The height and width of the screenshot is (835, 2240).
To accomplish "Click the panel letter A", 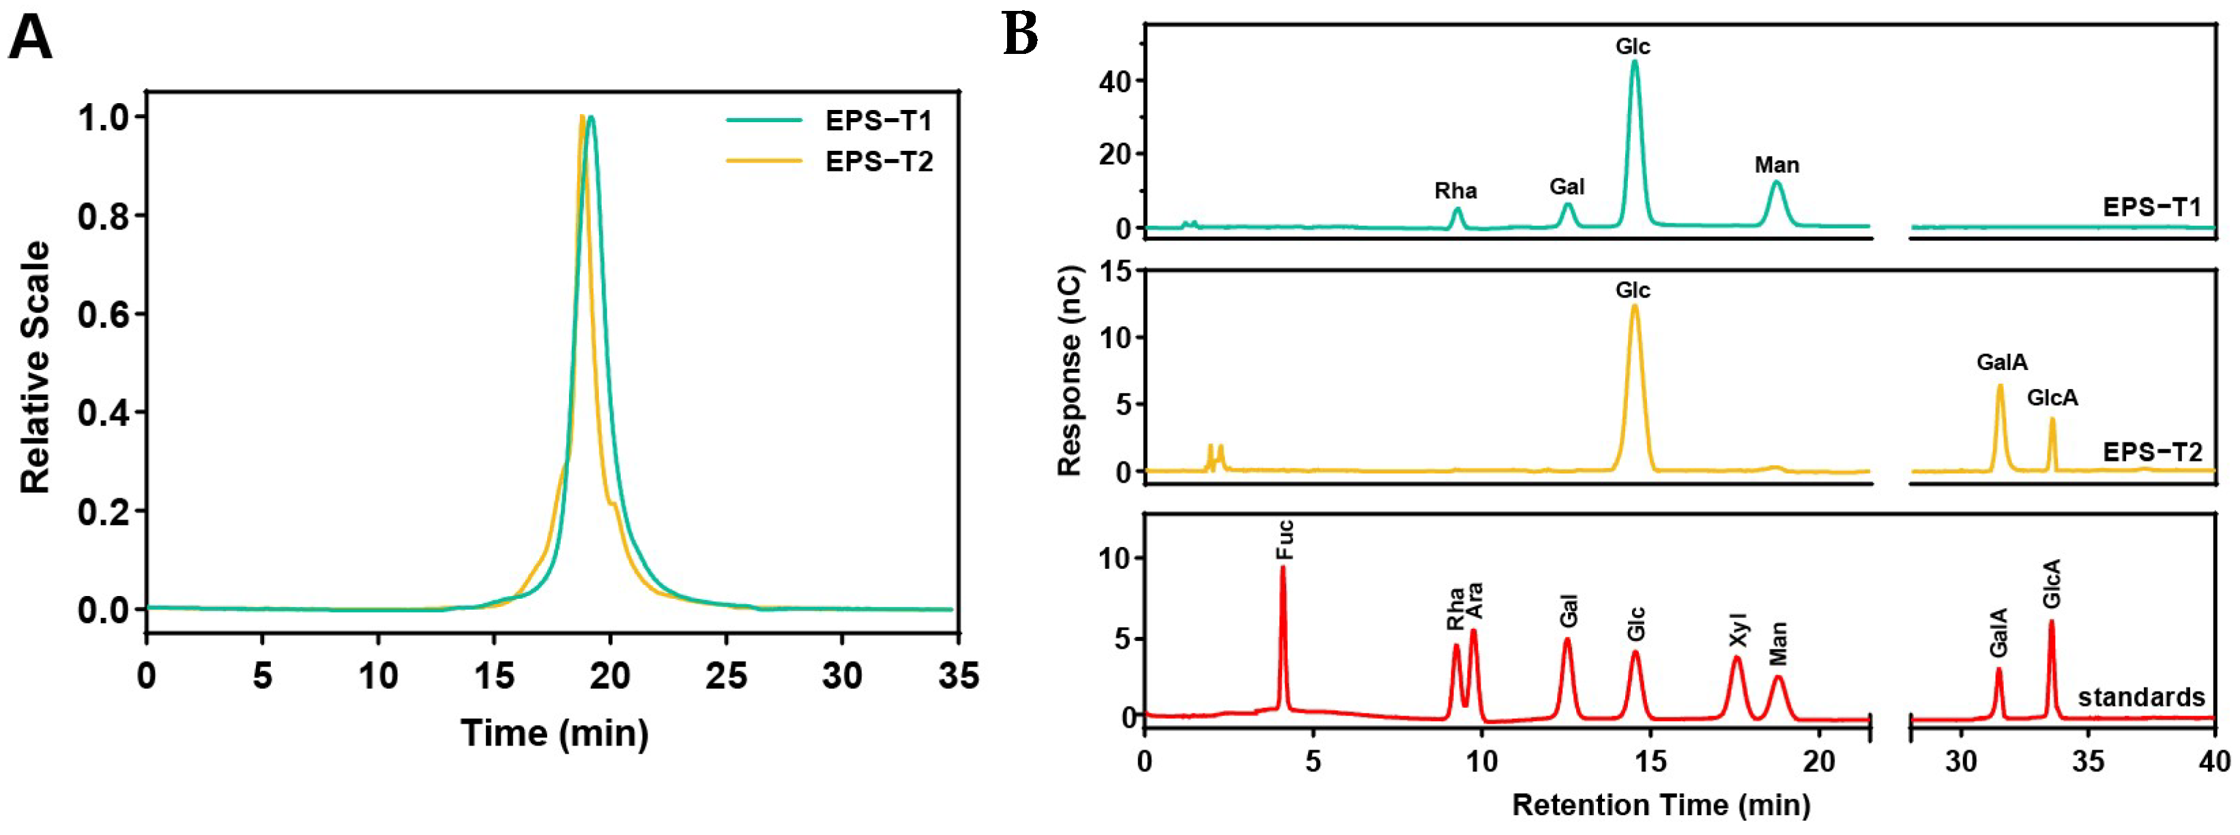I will pyautogui.click(x=31, y=39).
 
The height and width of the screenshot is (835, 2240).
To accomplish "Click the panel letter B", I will pyautogui.click(x=1021, y=36).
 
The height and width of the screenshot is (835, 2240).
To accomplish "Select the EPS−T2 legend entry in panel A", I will pyautogui.click(x=878, y=162).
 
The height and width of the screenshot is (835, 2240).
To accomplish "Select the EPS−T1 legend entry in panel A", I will pyautogui.click(x=878, y=120).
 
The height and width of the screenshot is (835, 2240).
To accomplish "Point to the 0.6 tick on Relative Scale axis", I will pyautogui.click(x=104, y=315).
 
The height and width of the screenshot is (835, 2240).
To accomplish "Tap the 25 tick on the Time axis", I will pyautogui.click(x=726, y=677).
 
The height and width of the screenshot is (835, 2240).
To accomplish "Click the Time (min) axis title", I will pyautogui.click(x=554, y=733).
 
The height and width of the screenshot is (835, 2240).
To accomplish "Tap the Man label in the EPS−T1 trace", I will pyautogui.click(x=1777, y=165).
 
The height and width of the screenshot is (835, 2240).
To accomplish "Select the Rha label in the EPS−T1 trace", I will pyautogui.click(x=1455, y=191).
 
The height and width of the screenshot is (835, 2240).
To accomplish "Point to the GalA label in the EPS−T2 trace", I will pyautogui.click(x=2002, y=363).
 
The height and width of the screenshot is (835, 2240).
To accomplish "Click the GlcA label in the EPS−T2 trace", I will pyautogui.click(x=2052, y=398).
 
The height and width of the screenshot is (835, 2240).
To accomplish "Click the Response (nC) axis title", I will pyautogui.click(x=1071, y=372).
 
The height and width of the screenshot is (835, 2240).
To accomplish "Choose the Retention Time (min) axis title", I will pyautogui.click(x=1661, y=804).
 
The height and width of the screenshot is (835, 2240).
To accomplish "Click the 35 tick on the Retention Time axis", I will pyautogui.click(x=2088, y=762).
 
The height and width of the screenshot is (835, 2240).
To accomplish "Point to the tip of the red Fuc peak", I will pyautogui.click(x=1283, y=567).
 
